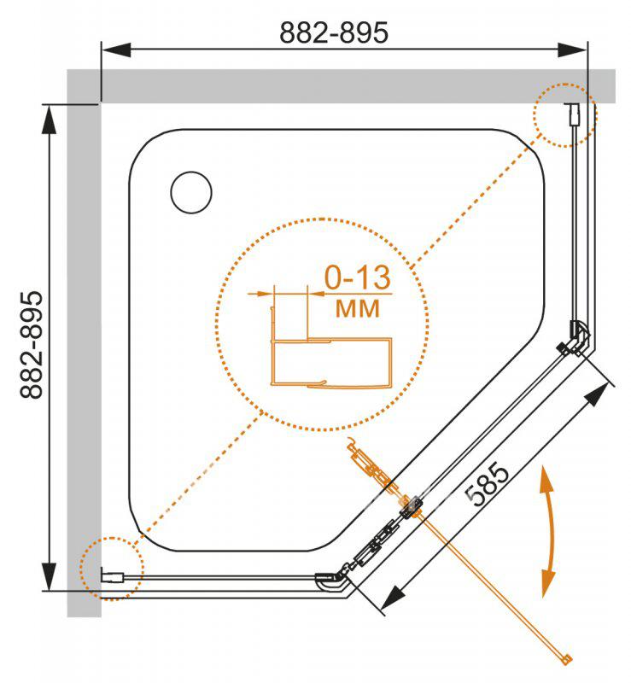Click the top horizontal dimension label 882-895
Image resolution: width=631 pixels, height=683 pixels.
click(x=333, y=32)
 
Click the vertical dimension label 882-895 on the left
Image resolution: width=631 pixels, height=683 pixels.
click(x=32, y=345)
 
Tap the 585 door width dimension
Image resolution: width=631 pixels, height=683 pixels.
click(x=487, y=485)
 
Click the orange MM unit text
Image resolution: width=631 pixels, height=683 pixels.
click(x=357, y=309)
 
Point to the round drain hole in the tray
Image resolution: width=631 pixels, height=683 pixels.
click(x=191, y=193)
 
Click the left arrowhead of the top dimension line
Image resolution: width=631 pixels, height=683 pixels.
click(x=116, y=50)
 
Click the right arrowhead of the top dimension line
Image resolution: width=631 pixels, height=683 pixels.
click(x=573, y=50)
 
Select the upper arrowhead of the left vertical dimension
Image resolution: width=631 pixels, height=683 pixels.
click(x=50, y=120)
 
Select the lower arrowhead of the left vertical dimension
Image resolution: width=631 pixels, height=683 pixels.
click(x=50, y=575)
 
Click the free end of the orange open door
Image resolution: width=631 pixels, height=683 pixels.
click(x=567, y=660)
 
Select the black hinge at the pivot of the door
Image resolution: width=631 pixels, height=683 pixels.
click(x=411, y=507)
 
